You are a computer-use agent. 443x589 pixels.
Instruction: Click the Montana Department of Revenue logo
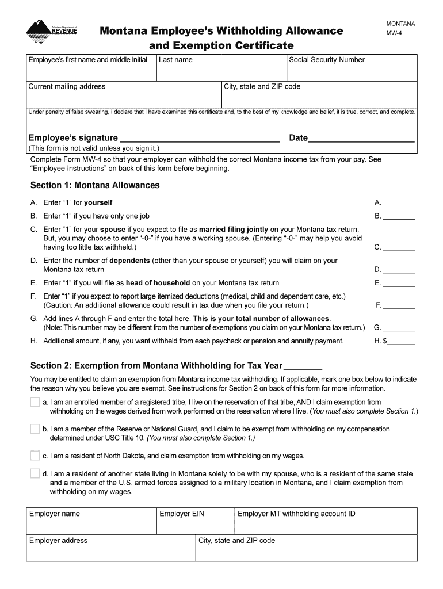(51, 32)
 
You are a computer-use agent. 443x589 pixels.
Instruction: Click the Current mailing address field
(124, 96)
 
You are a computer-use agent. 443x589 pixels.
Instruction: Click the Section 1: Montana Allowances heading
(95, 185)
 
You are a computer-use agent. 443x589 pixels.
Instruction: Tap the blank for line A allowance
(399, 202)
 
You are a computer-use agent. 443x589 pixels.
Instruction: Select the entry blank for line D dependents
(399, 269)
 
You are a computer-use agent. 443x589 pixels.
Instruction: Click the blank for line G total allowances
(399, 328)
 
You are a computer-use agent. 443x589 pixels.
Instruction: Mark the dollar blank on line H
(402, 341)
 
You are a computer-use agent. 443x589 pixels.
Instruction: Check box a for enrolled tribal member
(35, 402)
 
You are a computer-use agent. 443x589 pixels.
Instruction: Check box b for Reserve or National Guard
(35, 429)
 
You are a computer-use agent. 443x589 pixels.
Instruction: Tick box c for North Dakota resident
(35, 456)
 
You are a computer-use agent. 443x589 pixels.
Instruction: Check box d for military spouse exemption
(35, 474)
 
